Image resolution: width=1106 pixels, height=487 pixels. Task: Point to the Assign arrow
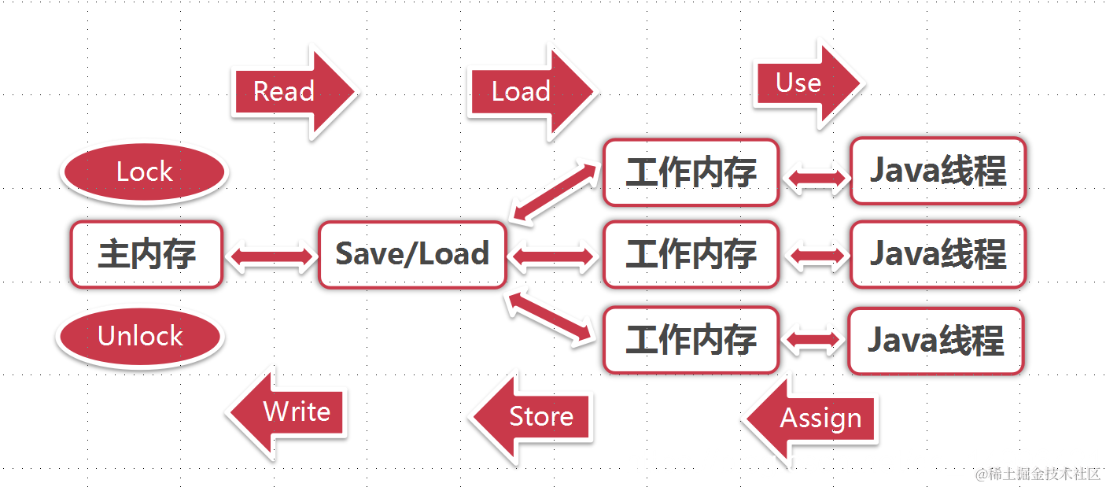click(815, 419)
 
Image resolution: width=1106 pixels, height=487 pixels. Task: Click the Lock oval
click(144, 172)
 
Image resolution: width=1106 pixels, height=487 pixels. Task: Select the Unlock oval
click(140, 337)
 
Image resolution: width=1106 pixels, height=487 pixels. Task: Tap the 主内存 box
click(146, 254)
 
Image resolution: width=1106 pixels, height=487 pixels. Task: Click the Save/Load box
click(412, 254)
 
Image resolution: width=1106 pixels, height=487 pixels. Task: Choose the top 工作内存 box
click(691, 172)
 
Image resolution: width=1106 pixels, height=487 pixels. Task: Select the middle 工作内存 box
click(691, 254)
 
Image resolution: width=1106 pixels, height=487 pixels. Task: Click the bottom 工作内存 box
click(691, 340)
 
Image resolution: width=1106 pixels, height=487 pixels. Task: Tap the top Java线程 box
click(938, 172)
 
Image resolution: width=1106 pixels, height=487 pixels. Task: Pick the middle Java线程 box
click(938, 254)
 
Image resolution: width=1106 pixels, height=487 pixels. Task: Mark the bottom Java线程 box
click(936, 341)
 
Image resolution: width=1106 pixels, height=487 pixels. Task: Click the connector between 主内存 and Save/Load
click(271, 256)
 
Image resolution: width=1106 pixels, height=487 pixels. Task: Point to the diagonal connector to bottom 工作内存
click(551, 317)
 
